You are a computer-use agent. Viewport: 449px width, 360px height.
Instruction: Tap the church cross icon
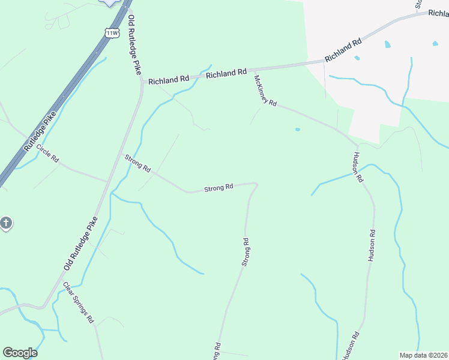click(x=5, y=224)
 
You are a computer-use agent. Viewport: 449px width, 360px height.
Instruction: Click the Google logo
click(x=20, y=353)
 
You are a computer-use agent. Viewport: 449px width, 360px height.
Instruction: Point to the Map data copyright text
click(x=423, y=355)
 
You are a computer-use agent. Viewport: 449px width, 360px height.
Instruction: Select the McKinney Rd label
click(x=265, y=91)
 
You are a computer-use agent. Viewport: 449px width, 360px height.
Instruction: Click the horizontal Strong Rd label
click(x=218, y=188)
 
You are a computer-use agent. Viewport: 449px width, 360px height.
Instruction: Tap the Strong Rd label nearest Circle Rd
click(x=137, y=163)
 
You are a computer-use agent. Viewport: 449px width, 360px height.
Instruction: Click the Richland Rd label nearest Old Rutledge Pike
click(x=169, y=79)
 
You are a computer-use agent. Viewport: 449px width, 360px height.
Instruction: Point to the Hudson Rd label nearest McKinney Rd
click(x=358, y=166)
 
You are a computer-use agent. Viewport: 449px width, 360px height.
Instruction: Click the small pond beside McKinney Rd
click(x=297, y=128)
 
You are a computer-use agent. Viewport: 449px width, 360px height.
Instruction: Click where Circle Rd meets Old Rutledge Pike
click(x=108, y=181)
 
